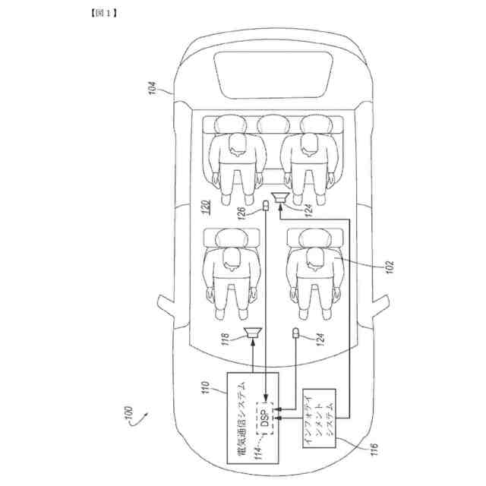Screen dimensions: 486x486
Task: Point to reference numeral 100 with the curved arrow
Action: tap(126, 418)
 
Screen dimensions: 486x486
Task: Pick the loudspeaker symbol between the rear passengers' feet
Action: tap(282, 199)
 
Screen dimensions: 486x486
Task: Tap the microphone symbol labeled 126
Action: tap(267, 206)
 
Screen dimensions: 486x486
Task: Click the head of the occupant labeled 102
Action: tap(311, 263)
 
